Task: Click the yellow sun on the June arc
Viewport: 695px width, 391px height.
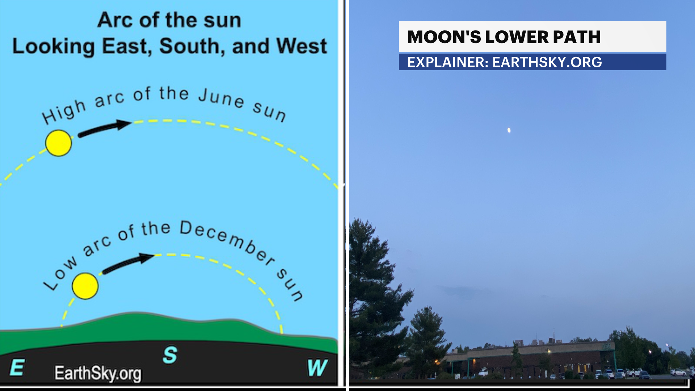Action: [x=59, y=143]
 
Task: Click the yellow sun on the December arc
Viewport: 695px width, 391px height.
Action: [x=85, y=286]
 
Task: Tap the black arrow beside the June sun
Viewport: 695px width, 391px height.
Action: [x=105, y=128]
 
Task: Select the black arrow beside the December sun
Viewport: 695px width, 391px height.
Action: [x=129, y=263]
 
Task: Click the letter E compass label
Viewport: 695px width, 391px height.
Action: [x=17, y=368]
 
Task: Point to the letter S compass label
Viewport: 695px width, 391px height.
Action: [x=170, y=355]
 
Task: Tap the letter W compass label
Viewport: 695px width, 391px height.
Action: [x=317, y=368]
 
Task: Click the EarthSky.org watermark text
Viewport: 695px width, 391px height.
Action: [x=98, y=373]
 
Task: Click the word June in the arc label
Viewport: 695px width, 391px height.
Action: [x=221, y=97]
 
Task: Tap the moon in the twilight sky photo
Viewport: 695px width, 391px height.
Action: [x=509, y=130]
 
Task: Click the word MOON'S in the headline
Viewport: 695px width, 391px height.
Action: [x=444, y=37]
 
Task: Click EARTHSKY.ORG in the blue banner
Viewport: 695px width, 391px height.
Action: [x=547, y=62]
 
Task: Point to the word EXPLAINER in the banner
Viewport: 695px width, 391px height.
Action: [x=448, y=62]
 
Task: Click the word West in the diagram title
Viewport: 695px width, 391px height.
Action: [x=301, y=46]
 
